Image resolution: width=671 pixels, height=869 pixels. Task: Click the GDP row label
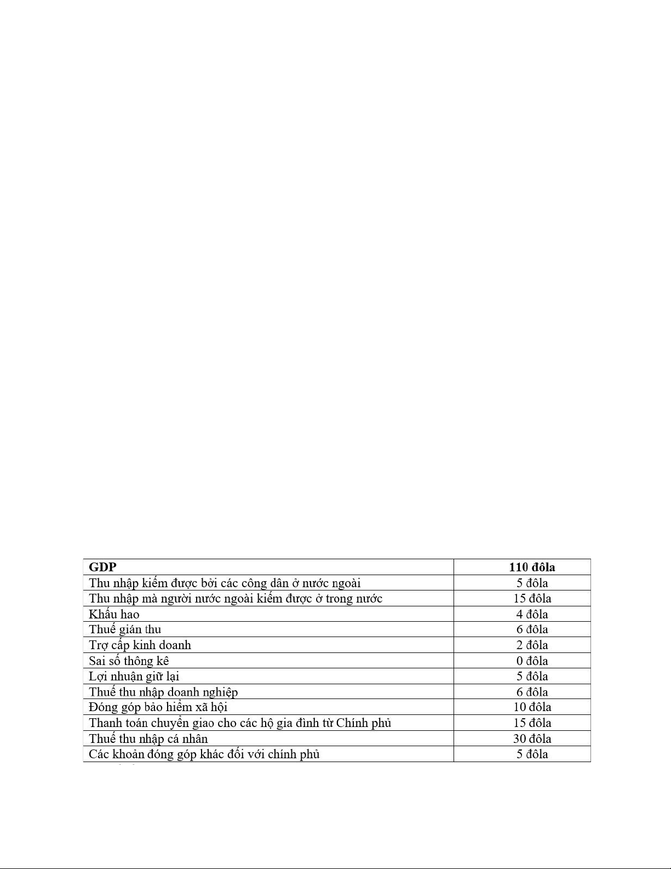tap(102, 567)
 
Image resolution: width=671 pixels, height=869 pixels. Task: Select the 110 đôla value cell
tap(531, 567)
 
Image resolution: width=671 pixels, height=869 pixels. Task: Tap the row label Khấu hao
tap(114, 614)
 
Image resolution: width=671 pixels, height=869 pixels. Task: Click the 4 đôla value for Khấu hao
tap(531, 614)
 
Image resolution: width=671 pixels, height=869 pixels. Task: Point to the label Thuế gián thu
tap(125, 629)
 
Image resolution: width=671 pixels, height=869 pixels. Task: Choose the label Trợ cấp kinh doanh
tap(140, 645)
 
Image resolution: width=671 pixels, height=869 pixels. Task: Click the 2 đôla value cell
tap(531, 645)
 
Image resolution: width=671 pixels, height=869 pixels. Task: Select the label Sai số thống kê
tap(129, 661)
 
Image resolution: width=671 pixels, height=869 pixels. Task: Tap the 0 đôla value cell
tap(531, 661)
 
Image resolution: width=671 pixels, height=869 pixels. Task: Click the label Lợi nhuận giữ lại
tap(134, 677)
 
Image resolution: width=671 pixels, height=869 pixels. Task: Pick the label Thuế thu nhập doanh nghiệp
tap(163, 692)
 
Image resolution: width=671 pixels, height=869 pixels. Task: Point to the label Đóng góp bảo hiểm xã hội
tap(158, 707)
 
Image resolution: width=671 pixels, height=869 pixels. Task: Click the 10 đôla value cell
tap(531, 707)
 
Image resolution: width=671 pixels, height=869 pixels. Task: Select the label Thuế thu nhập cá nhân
tap(148, 739)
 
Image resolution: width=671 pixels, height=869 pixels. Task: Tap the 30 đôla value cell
tap(531, 739)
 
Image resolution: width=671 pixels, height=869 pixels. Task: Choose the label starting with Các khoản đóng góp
tap(204, 754)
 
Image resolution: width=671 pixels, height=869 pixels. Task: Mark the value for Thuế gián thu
tap(531, 629)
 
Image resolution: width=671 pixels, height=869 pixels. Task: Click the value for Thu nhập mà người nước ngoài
tap(531, 598)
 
